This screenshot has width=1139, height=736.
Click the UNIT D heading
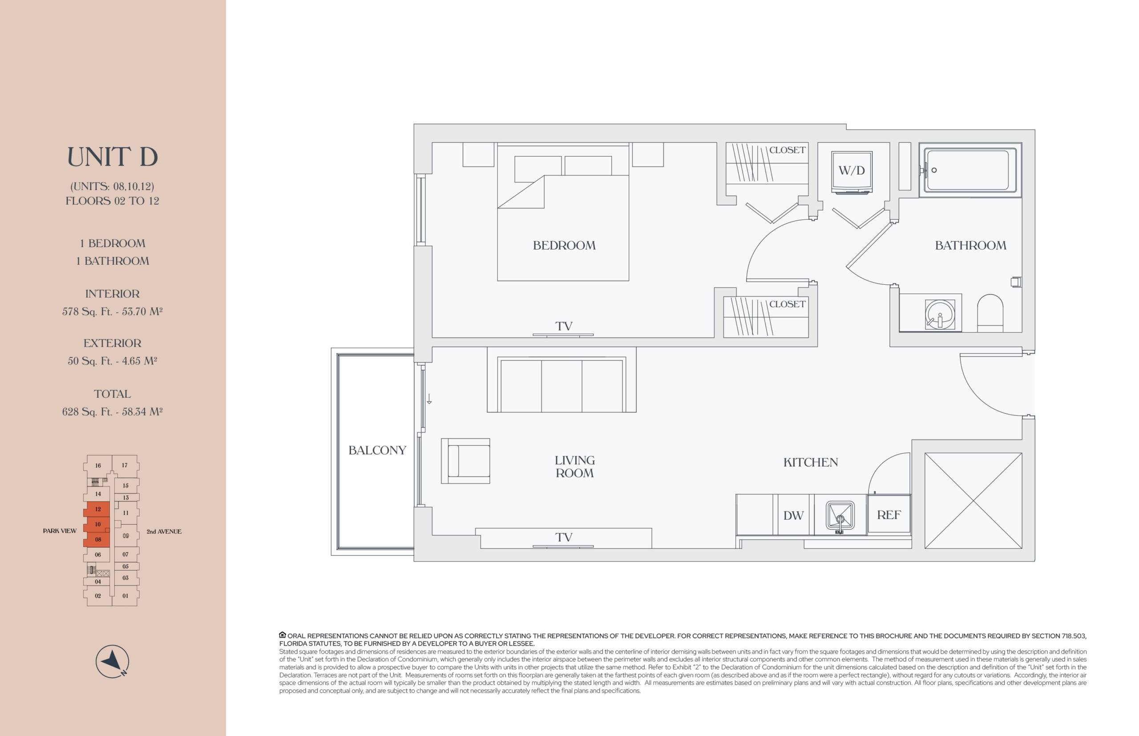[112, 157]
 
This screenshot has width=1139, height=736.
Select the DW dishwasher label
[793, 516]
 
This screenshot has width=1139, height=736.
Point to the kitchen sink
[840, 518]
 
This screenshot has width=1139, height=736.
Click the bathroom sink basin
[940, 314]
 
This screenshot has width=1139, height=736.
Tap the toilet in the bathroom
[990, 313]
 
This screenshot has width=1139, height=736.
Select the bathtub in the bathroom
[970, 170]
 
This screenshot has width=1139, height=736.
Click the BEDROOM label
[564, 246]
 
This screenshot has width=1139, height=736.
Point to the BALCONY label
[377, 450]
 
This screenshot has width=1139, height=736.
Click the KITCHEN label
[810, 462]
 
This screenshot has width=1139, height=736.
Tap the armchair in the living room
[465, 461]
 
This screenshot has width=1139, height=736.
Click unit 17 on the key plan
[125, 465]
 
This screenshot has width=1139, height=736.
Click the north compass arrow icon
[112, 661]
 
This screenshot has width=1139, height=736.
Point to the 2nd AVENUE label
[164, 531]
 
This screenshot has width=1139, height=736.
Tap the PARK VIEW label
[60, 531]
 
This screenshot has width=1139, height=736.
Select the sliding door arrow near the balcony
[429, 399]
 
